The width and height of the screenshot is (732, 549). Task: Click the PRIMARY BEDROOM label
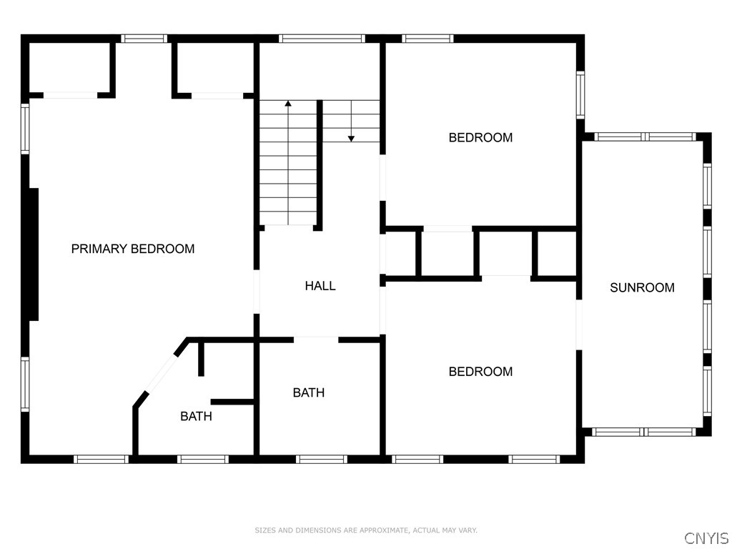click(x=133, y=249)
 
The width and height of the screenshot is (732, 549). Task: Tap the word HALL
click(x=320, y=286)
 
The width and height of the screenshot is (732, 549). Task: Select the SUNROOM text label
click(x=642, y=287)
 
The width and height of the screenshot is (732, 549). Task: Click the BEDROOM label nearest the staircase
click(x=480, y=137)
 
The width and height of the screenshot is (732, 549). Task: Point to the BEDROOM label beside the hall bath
click(x=480, y=371)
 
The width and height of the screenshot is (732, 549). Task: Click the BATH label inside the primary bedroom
click(x=195, y=416)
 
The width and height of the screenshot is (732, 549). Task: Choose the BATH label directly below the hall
click(x=309, y=392)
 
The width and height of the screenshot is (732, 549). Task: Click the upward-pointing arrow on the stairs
click(x=288, y=105)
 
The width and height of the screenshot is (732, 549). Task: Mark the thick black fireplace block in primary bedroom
click(x=32, y=254)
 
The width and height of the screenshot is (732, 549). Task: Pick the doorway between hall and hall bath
click(x=315, y=340)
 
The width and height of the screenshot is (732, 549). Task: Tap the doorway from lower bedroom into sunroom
click(x=579, y=325)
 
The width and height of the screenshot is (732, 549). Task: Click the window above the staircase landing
click(x=321, y=39)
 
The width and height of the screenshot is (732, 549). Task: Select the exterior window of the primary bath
click(x=202, y=459)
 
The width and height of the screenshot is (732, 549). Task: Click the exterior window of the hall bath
click(x=321, y=459)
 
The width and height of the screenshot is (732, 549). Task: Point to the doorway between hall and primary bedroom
click(x=256, y=291)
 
